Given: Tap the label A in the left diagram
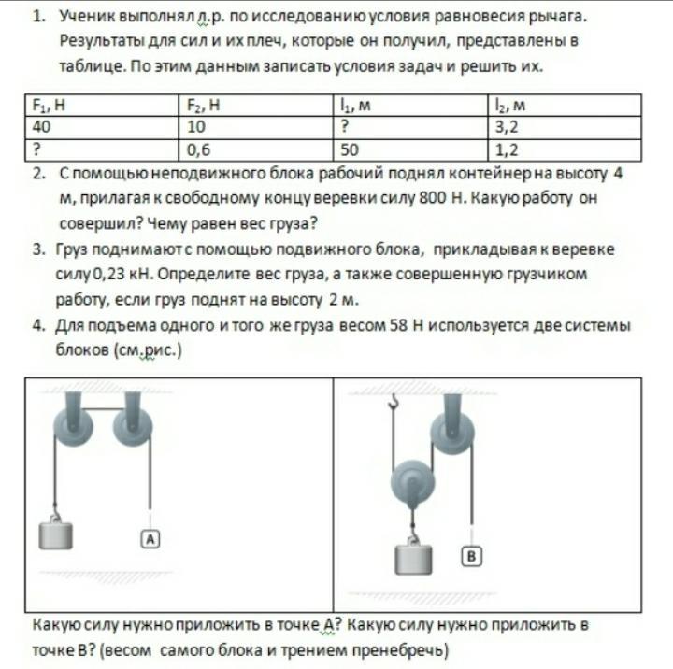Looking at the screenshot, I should [x=150, y=537].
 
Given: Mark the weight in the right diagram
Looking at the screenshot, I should [x=412, y=558].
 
